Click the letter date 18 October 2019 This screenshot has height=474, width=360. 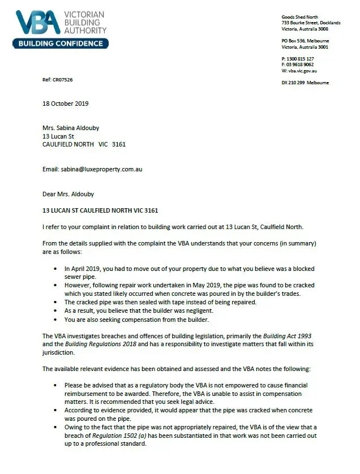(x=65, y=104)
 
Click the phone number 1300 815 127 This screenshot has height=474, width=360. (x=301, y=59)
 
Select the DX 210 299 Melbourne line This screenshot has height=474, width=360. (x=305, y=83)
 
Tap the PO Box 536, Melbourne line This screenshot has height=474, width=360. (x=305, y=41)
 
